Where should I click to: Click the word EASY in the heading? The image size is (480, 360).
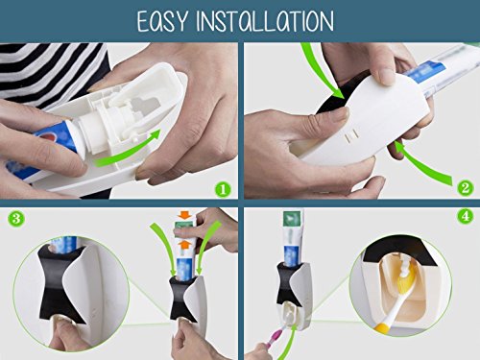click(161, 21)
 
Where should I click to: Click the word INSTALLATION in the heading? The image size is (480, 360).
click(265, 21)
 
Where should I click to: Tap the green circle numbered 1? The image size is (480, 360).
click(223, 189)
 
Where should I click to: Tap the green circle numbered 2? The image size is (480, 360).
click(465, 187)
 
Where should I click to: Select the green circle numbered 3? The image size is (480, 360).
click(16, 219)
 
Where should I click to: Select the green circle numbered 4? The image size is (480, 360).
click(465, 217)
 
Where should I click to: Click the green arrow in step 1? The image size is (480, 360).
click(128, 150)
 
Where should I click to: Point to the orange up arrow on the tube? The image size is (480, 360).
click(184, 245)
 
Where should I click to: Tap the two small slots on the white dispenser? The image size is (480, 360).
click(351, 137)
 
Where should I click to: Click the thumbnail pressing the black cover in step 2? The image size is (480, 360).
click(339, 114)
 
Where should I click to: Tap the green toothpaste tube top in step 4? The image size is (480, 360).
click(293, 219)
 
